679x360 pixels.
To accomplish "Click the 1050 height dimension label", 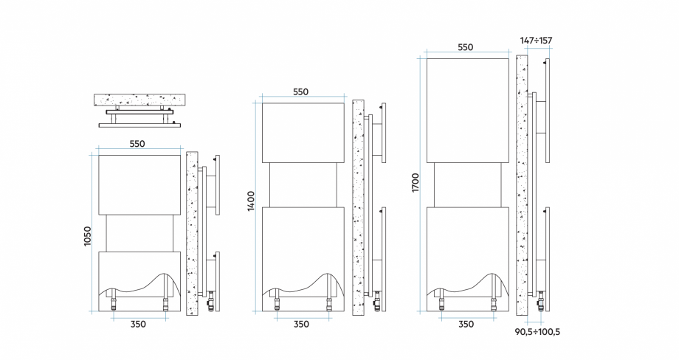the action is (88, 236).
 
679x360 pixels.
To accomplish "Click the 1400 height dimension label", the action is (251, 201).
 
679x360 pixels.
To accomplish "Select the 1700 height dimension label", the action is (416, 183).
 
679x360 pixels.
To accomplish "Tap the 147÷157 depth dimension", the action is (536, 41).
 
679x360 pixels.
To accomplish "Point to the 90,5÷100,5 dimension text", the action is (537, 332).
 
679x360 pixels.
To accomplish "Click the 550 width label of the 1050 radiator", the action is (137, 144).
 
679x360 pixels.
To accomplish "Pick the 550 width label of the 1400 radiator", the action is (300, 91).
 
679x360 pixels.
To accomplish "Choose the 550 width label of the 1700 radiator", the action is (466, 47).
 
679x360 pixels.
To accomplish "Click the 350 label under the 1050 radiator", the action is (138, 324).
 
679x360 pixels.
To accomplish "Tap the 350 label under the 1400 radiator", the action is (301, 324).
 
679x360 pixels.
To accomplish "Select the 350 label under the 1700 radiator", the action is (466, 324).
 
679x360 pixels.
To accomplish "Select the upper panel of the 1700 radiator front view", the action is (468, 111).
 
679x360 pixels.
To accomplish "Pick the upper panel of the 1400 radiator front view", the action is (303, 133).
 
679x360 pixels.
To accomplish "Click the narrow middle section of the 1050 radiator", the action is (140, 233).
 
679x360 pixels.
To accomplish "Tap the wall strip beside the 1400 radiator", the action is (358, 208).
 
